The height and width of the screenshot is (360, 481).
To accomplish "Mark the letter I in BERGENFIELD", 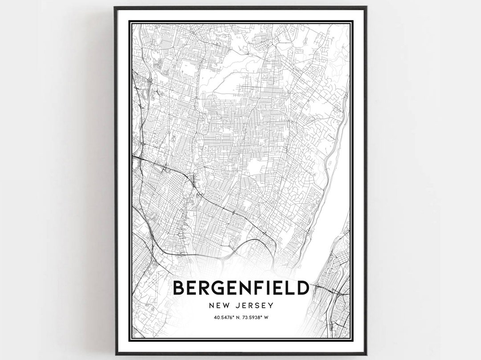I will point(270,288).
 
